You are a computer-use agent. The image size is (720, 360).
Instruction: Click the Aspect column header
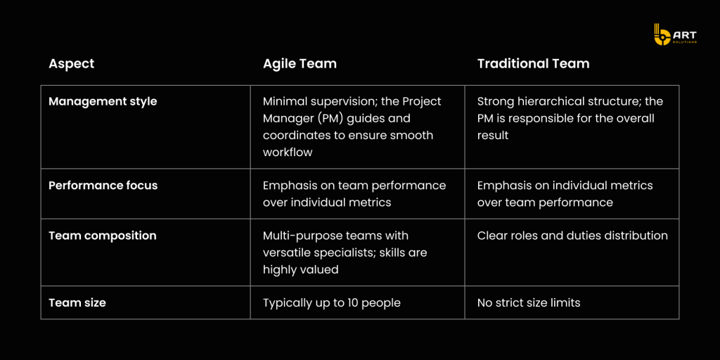coord(71,64)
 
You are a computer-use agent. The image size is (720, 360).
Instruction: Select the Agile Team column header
coord(300,64)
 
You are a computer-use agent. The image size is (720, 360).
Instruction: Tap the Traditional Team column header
coord(533,64)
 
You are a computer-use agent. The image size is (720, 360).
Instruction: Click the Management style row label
coord(103,101)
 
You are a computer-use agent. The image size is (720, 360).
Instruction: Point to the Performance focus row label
coord(103,186)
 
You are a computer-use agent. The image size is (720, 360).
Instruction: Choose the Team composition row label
coord(103,236)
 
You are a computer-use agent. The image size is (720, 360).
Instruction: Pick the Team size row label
coord(77,303)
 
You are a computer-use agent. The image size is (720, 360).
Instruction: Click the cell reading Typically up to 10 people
coord(332,303)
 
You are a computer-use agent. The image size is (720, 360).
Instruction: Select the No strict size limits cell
coord(529,303)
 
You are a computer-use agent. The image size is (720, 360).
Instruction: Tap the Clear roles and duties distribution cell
coord(572,236)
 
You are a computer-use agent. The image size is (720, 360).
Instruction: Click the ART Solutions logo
coord(675,34)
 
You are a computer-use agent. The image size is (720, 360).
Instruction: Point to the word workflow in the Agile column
coord(288,152)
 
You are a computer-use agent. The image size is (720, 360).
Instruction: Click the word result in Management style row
coord(493,136)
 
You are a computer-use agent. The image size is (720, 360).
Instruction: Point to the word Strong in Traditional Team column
coord(493,102)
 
